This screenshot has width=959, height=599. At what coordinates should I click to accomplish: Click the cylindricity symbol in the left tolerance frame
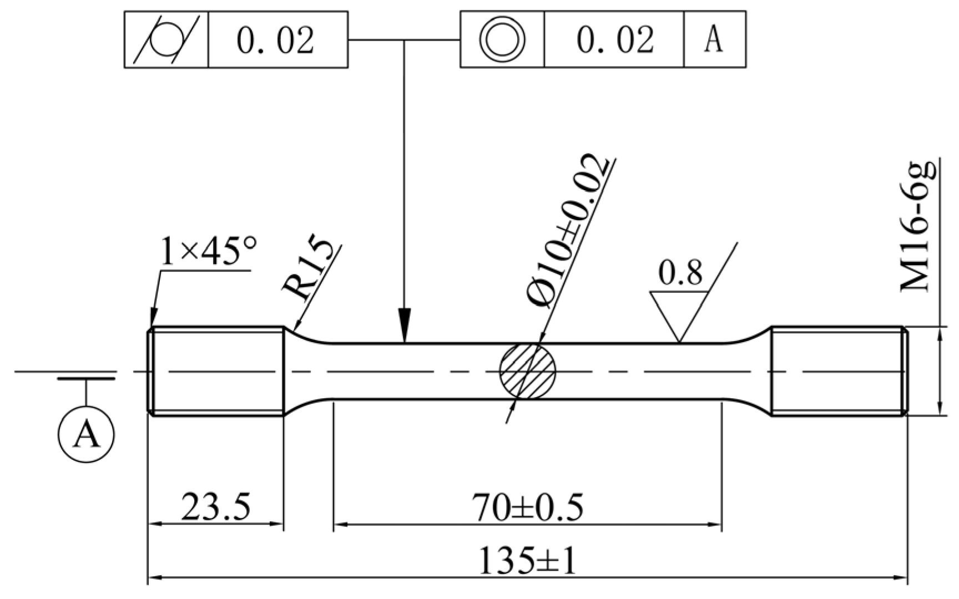(166, 39)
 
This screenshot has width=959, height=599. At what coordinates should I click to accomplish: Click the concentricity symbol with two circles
(502, 39)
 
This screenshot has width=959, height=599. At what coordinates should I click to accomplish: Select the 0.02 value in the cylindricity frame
(276, 40)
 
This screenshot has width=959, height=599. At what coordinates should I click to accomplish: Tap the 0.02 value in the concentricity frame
(615, 40)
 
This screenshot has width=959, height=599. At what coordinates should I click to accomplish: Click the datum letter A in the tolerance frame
(714, 40)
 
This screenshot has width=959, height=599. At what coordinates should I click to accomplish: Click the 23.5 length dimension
(216, 506)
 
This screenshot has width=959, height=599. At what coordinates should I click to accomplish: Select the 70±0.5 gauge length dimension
(527, 506)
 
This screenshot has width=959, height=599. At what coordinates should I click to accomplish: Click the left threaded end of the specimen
(216, 370)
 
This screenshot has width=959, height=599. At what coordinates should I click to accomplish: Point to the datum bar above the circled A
(86, 379)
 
